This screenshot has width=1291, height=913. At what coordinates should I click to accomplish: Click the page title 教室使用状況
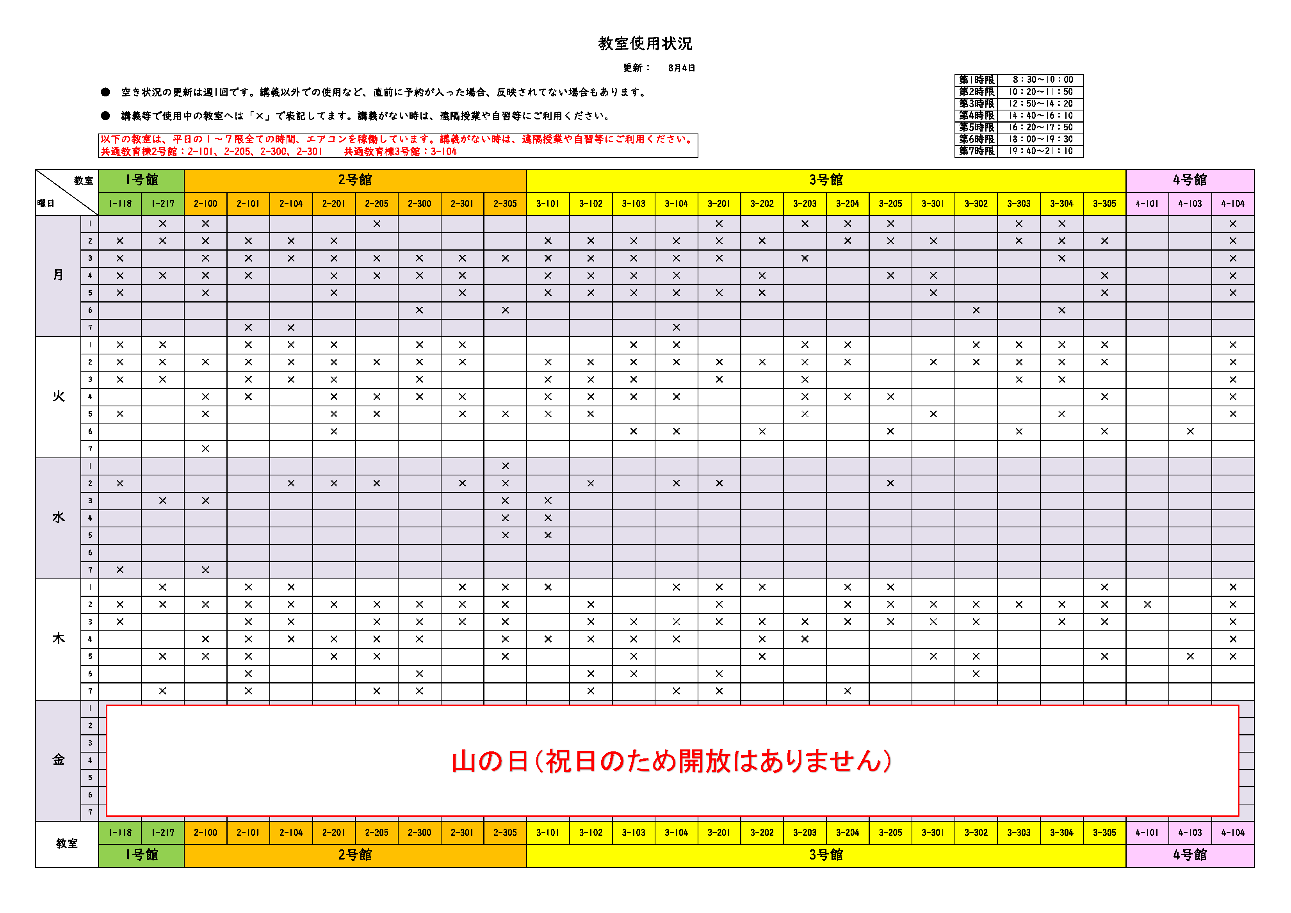(645, 44)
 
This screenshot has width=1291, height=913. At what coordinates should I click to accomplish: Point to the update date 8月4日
(682, 68)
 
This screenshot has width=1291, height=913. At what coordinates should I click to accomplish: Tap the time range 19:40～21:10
(1040, 151)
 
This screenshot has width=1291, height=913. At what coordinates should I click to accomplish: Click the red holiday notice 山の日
(671, 761)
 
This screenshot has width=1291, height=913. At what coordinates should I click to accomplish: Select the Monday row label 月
(59, 276)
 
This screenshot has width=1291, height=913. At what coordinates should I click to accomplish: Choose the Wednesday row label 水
(59, 518)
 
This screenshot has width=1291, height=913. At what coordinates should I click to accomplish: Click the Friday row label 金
(59, 760)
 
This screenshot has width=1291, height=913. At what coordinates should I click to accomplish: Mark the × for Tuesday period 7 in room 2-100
(205, 448)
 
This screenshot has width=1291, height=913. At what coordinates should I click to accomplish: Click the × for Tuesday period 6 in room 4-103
(1190, 431)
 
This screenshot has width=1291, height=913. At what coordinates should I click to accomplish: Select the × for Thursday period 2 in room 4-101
(1147, 604)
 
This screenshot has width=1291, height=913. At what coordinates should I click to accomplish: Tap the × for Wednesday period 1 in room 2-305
(505, 466)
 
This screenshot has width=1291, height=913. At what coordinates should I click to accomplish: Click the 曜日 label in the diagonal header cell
(46, 203)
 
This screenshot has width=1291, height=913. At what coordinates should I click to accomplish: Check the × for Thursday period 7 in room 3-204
(848, 691)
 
